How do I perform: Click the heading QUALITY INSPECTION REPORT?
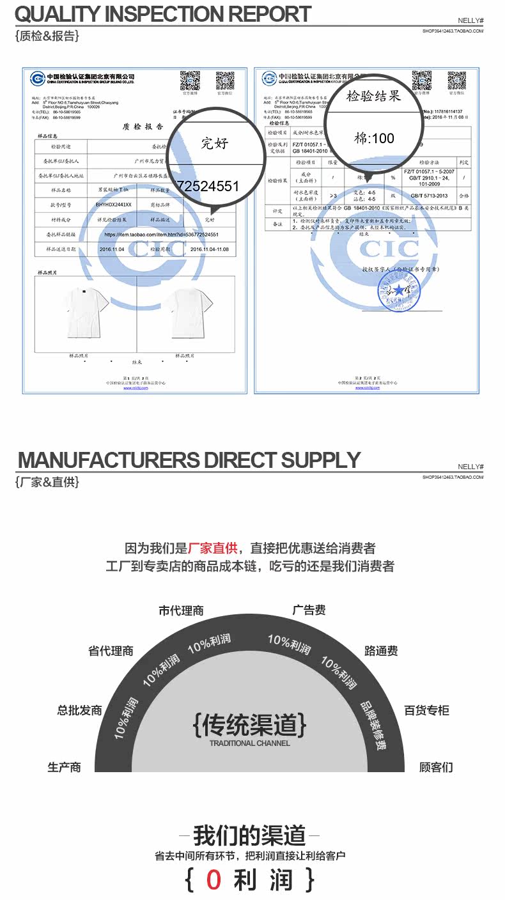pyautogui.click(x=162, y=14)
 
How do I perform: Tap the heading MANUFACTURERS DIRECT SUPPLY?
pyautogui.click(x=189, y=460)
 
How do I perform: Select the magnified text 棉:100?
pyautogui.click(x=374, y=137)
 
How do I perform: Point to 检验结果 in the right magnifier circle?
pyautogui.click(x=373, y=97)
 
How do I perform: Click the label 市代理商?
pyautogui.click(x=181, y=610)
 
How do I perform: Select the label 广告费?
pyautogui.click(x=309, y=610)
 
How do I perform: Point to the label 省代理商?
pyautogui.click(x=111, y=651)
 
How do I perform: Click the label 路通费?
pyautogui.click(x=381, y=651)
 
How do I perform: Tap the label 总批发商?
pyautogui.click(x=80, y=710)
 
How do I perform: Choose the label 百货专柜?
pyautogui.click(x=426, y=710)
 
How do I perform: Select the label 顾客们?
pyautogui.click(x=436, y=767)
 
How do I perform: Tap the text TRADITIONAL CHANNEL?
pyautogui.click(x=249, y=743)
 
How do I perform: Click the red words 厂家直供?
pyautogui.click(x=213, y=548)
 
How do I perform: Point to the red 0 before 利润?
pyautogui.click(x=214, y=880)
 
